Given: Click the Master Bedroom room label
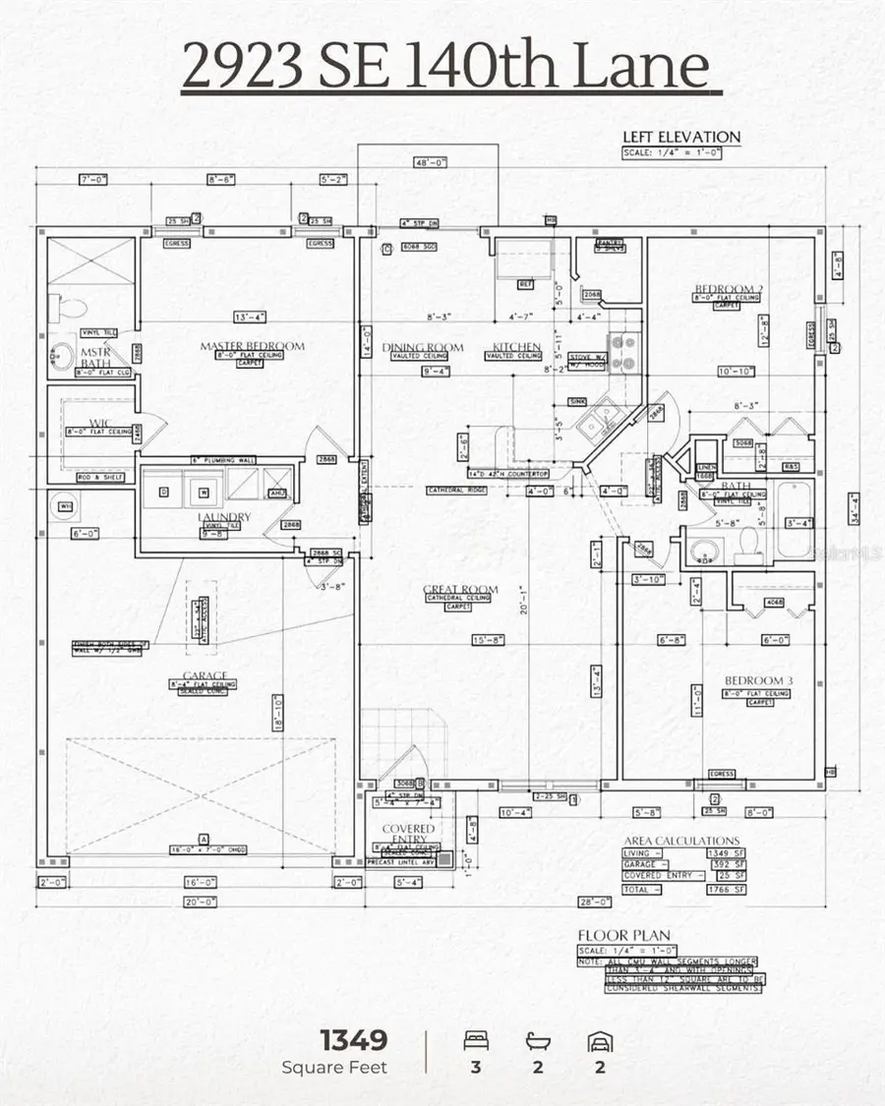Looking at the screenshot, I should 252,346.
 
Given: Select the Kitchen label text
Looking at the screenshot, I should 516,347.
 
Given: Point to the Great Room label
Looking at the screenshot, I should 460,590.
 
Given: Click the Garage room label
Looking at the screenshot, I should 204,675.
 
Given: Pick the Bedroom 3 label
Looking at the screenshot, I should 758,681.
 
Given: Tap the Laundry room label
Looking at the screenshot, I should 223,517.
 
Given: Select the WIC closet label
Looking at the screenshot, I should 100,424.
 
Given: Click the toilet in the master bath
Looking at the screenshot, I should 61,308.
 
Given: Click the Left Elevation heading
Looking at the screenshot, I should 681,137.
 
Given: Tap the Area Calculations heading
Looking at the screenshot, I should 681,841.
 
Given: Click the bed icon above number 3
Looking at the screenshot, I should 476,1041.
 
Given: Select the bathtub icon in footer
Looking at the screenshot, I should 538,1041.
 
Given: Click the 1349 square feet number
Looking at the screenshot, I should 353,1040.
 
